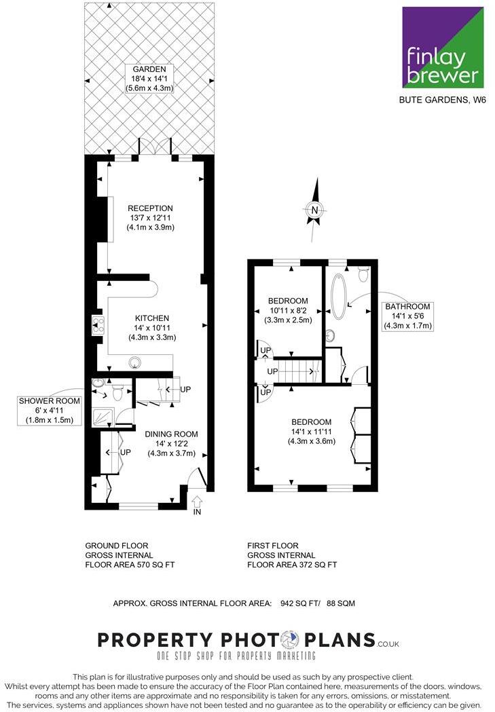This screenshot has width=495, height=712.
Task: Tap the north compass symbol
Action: pos(314,210)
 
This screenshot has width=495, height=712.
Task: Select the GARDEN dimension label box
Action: pos(149,78)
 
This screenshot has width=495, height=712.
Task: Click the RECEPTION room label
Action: pos(151,218)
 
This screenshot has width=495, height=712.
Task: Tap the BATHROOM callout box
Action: pos(407,316)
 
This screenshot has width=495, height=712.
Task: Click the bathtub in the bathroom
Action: pos(338,293)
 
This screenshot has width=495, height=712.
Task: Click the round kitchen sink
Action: pos(135,362)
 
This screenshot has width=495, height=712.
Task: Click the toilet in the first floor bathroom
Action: pos(363,273)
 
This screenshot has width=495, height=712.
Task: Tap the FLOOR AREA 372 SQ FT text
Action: pos(292,564)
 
